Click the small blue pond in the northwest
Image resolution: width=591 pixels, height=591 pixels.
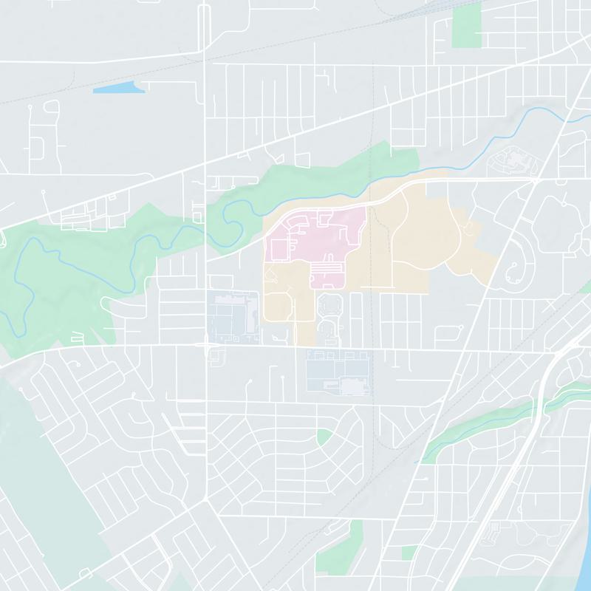coord(118,88)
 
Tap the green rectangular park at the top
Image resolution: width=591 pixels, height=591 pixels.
coord(466,27)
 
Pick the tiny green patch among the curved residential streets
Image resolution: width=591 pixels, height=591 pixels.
coord(324,437)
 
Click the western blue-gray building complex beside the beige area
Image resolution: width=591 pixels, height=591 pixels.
coord(233,318)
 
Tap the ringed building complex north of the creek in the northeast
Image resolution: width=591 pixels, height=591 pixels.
coord(514,158)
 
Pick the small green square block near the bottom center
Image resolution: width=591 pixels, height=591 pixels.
coord(409,553)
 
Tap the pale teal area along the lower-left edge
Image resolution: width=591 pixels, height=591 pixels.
coord(44,473)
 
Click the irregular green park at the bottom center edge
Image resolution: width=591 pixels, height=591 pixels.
coord(340,554)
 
